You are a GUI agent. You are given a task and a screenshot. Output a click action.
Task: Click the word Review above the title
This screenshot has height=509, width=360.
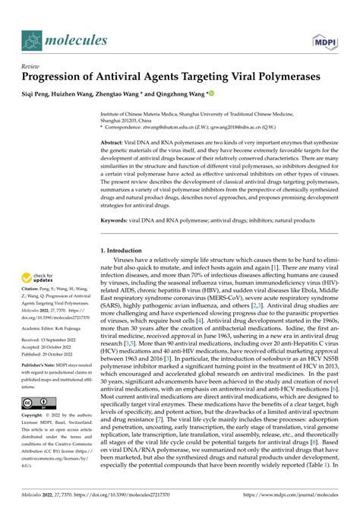(31, 65)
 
